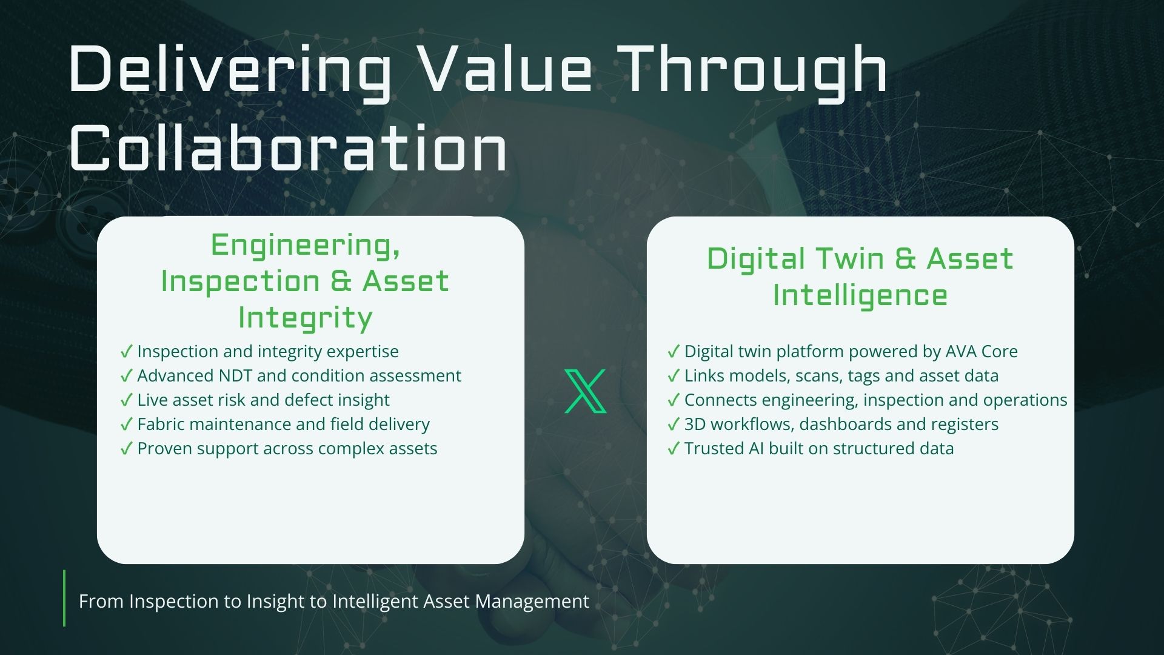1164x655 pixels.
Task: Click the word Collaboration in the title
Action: [289, 147]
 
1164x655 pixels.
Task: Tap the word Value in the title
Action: [506, 67]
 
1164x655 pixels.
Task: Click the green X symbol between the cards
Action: [585, 391]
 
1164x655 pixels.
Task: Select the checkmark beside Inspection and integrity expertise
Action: [126, 352]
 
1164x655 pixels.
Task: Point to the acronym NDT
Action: [236, 375]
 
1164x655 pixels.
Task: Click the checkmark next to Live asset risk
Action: [126, 400]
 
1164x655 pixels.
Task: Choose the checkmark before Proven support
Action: [126, 449]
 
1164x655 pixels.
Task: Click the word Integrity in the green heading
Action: [305, 318]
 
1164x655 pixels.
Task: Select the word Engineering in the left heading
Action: [305, 246]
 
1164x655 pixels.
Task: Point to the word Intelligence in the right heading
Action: [860, 297]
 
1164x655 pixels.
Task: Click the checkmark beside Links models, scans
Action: [673, 376]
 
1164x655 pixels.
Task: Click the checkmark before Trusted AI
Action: [673, 449]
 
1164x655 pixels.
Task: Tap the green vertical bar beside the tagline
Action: [64, 598]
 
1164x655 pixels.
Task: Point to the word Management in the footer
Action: [532, 601]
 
